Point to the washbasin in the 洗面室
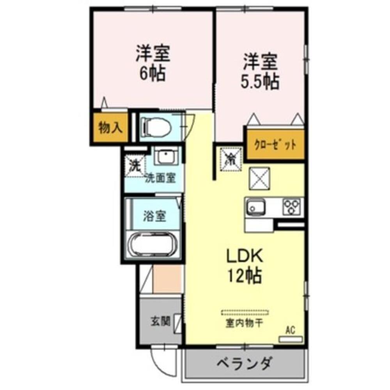165,157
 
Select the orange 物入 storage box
110,128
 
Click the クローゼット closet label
275,145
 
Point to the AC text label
290,330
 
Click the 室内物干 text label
244,323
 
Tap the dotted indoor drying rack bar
245,312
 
